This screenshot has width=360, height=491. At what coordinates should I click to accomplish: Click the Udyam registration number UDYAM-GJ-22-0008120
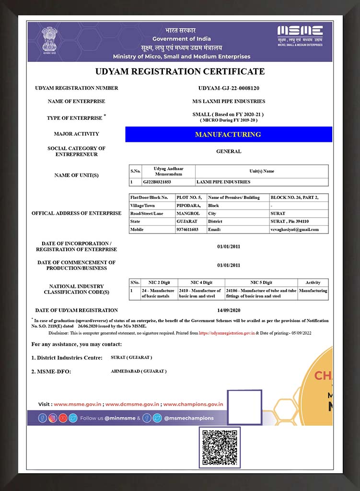point(229,88)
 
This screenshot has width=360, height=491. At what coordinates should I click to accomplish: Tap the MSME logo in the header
point(300,35)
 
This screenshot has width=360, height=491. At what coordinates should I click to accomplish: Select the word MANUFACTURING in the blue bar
point(228,134)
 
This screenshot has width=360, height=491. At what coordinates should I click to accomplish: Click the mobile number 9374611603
point(187,230)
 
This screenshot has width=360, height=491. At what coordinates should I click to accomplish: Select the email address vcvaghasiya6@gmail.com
point(294,230)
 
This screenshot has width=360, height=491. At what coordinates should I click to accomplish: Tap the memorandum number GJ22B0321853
point(157,182)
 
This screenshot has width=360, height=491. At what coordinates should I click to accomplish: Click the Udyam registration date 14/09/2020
point(229,310)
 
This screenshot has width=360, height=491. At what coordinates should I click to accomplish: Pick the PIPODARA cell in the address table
point(186,205)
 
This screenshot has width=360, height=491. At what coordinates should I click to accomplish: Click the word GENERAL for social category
point(229,152)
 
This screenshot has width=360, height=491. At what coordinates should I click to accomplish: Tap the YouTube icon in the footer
point(63,418)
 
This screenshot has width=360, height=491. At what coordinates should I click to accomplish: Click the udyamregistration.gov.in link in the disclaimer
point(227,333)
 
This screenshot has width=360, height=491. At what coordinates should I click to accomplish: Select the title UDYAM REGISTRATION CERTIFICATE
point(180,71)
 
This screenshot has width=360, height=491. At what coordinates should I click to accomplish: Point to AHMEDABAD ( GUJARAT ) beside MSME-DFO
point(139,372)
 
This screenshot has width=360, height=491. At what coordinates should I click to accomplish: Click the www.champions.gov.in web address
point(193,404)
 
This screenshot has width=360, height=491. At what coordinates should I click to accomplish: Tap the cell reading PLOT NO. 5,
point(189,198)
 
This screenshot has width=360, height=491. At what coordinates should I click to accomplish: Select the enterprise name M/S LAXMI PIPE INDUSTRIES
point(229,102)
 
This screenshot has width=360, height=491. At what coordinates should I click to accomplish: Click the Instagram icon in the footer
point(53,418)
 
